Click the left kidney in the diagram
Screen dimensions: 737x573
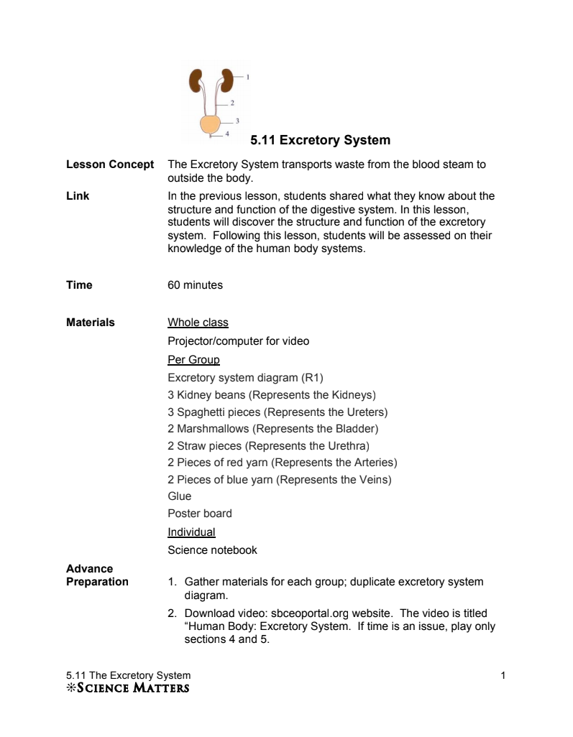pyautogui.click(x=196, y=80)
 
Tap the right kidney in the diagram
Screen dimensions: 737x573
pyautogui.click(x=227, y=80)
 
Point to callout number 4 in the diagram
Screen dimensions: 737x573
pyautogui.click(x=227, y=134)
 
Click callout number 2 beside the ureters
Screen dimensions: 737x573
pyautogui.click(x=232, y=103)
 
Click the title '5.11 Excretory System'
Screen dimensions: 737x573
pyautogui.click(x=320, y=140)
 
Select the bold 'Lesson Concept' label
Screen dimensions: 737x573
pyautogui.click(x=110, y=164)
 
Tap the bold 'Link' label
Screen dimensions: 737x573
pyautogui.click(x=78, y=196)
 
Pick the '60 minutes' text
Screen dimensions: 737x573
pyautogui.click(x=195, y=285)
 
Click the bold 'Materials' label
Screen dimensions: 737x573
pyautogui.click(x=91, y=323)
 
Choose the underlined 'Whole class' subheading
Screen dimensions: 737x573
pyautogui.click(x=198, y=323)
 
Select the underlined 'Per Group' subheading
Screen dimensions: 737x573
pyautogui.click(x=193, y=359)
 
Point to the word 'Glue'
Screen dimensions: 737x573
pyautogui.click(x=180, y=496)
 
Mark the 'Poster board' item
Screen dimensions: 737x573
pyautogui.click(x=200, y=514)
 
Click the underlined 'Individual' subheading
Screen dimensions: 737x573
pyautogui.click(x=191, y=532)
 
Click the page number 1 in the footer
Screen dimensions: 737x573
pyautogui.click(x=503, y=675)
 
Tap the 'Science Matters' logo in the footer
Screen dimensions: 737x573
pyautogui.click(x=128, y=689)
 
